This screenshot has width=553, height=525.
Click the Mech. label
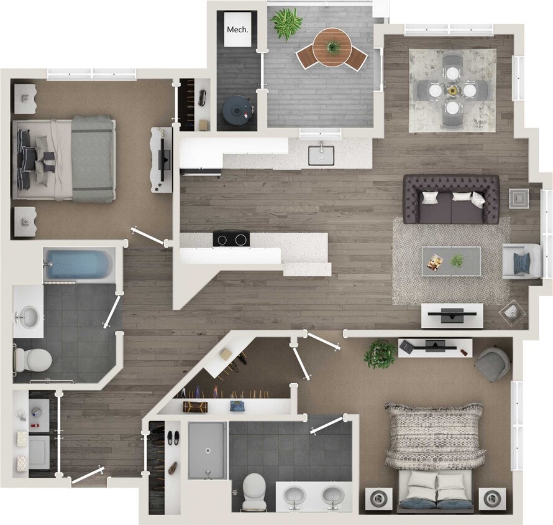pyautogui.click(x=237, y=29)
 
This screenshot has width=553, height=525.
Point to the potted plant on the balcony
pyautogui.click(x=286, y=23)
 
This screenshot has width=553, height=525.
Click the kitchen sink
pyautogui.click(x=321, y=155)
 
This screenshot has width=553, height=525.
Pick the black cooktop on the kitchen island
pyautogui.click(x=231, y=238)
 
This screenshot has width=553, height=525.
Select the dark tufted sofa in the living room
pyautogui.click(x=451, y=199)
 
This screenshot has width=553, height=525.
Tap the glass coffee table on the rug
pyautogui.click(x=451, y=261)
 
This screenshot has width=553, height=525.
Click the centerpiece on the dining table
pyautogui.click(x=452, y=90)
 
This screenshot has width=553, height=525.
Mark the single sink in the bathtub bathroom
pyautogui.click(x=27, y=318)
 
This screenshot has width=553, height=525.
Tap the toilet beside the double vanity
pyautogui.click(x=254, y=491)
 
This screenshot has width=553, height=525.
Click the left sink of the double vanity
pyautogui.click(x=295, y=496)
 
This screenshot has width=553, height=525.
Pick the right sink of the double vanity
pyautogui.click(x=332, y=496)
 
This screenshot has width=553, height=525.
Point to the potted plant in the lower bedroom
pyautogui.click(x=380, y=353)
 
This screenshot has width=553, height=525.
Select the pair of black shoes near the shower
pyautogui.click(x=173, y=437)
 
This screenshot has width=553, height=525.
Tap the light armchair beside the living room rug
pyautogui.click(x=517, y=261)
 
